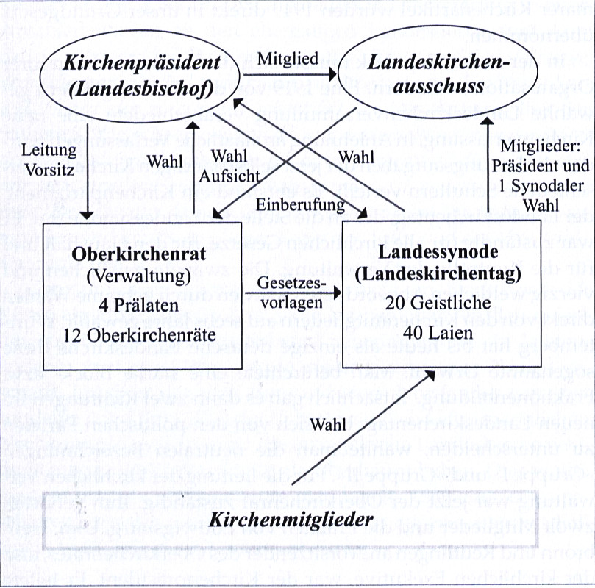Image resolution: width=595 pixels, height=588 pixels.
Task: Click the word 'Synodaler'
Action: pos(544,184)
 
